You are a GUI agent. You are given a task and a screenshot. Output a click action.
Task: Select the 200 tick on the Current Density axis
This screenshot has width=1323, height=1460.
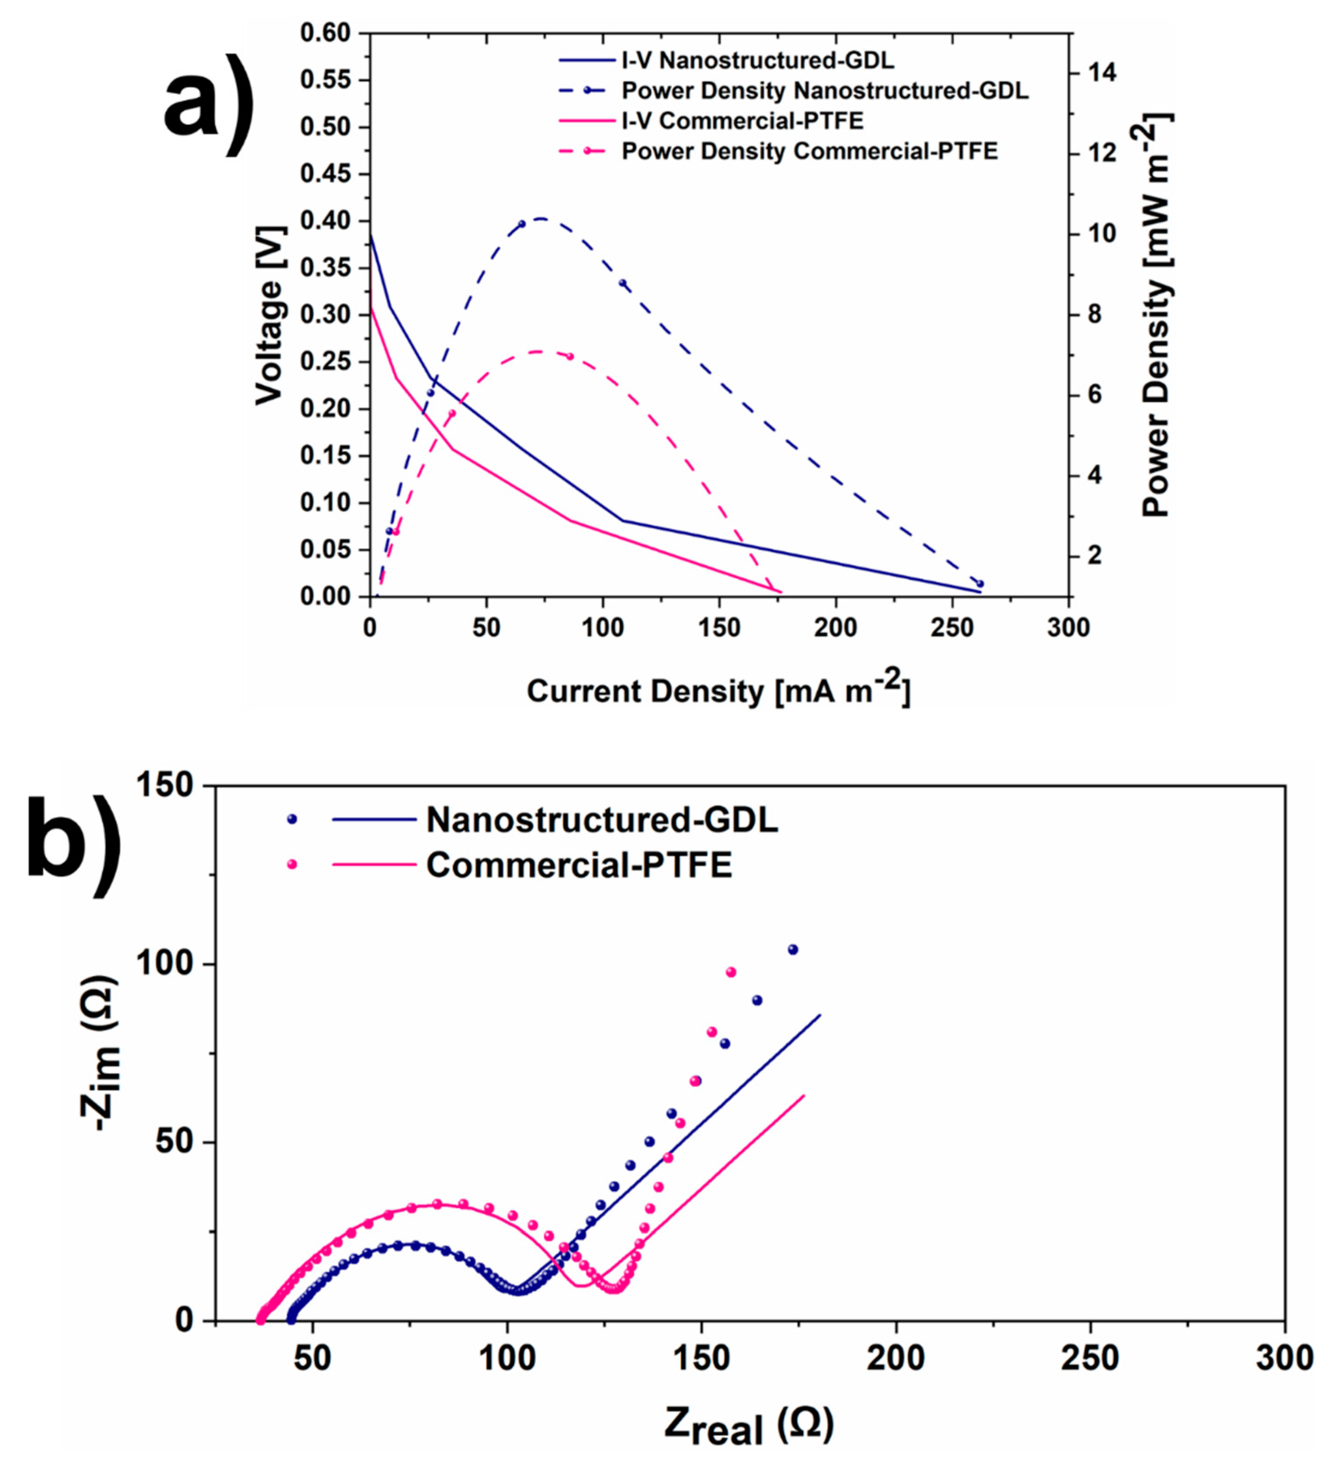[x=836, y=627]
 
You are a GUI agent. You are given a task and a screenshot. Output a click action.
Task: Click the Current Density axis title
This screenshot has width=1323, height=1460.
[x=717, y=690]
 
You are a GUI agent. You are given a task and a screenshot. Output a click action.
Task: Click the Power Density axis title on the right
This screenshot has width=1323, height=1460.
[x=1156, y=315]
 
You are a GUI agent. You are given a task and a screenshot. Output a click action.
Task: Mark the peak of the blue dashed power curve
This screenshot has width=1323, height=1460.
[x=540, y=218]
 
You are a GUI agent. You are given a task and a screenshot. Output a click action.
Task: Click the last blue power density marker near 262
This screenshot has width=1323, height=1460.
[x=980, y=584]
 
